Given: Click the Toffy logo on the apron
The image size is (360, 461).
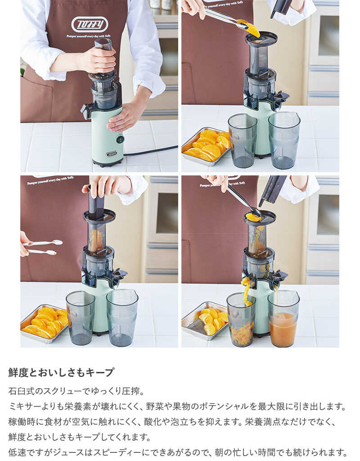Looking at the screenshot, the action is [90, 24].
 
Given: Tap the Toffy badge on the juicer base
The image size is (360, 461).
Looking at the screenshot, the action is [111, 154].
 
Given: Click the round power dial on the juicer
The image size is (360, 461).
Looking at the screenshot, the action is [119, 140].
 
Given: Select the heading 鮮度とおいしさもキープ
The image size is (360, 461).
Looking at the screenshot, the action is [61, 372].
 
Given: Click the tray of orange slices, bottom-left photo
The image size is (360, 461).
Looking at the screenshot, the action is [44, 323].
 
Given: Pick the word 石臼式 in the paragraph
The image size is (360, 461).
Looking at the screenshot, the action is [22, 391].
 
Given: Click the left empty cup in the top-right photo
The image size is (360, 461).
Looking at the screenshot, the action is [243, 141].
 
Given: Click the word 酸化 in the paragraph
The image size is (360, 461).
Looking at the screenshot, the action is [153, 422].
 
